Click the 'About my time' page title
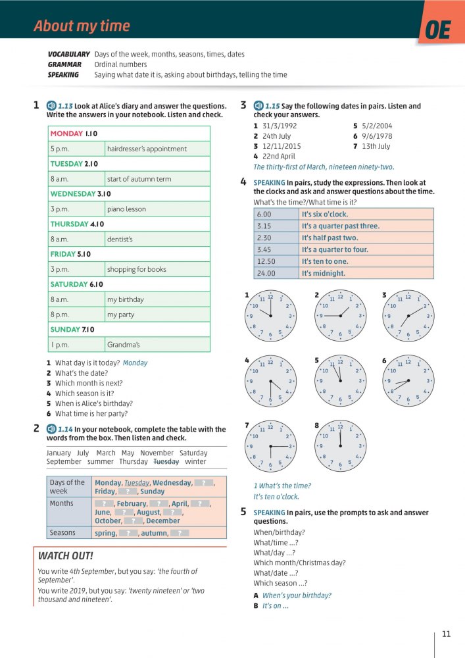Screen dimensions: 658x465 [x=82, y=26]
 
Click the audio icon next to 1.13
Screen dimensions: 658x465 [x=52, y=106]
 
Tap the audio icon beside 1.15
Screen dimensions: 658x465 [x=258, y=106]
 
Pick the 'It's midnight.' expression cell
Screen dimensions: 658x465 [x=323, y=273]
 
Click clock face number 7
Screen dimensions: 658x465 [x=270, y=447]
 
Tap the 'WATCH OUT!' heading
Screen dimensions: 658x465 [x=66, y=556]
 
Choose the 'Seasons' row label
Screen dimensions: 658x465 [x=62, y=533]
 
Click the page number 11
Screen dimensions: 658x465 [x=447, y=634]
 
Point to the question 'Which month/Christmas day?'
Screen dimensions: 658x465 [x=299, y=563]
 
